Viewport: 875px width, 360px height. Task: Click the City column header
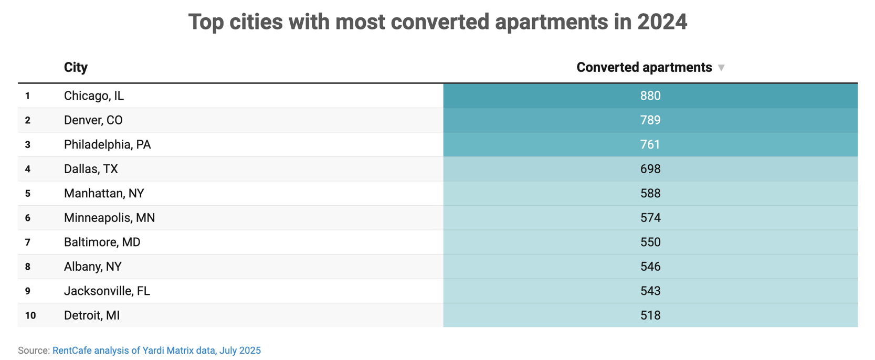[x=76, y=67]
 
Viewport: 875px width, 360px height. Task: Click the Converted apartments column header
[x=644, y=67]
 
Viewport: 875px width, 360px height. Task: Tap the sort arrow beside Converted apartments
[x=721, y=68]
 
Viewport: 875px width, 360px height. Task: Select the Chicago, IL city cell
[x=94, y=96]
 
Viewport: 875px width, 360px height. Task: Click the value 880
[x=650, y=96]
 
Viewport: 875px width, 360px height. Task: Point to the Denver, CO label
[x=93, y=120]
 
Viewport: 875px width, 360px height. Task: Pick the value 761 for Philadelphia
[x=650, y=144]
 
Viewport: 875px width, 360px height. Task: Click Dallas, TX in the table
[x=91, y=169]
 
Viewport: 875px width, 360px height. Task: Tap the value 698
[x=650, y=169]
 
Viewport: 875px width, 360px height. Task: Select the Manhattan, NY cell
[x=104, y=193]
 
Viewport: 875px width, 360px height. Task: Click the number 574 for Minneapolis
[x=650, y=218]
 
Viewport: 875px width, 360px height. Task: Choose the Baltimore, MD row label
[x=102, y=242]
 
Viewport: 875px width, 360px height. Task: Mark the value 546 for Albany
[x=650, y=267]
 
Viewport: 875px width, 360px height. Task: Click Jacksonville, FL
[x=107, y=291]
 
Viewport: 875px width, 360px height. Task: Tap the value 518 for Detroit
[x=650, y=315]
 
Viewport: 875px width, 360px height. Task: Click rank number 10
[x=30, y=315]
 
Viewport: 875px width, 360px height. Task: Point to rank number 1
[x=27, y=96]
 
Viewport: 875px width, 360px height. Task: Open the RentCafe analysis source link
[x=156, y=351]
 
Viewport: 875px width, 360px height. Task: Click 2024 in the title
[x=661, y=22]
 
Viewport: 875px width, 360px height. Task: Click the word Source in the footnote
[x=33, y=351]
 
